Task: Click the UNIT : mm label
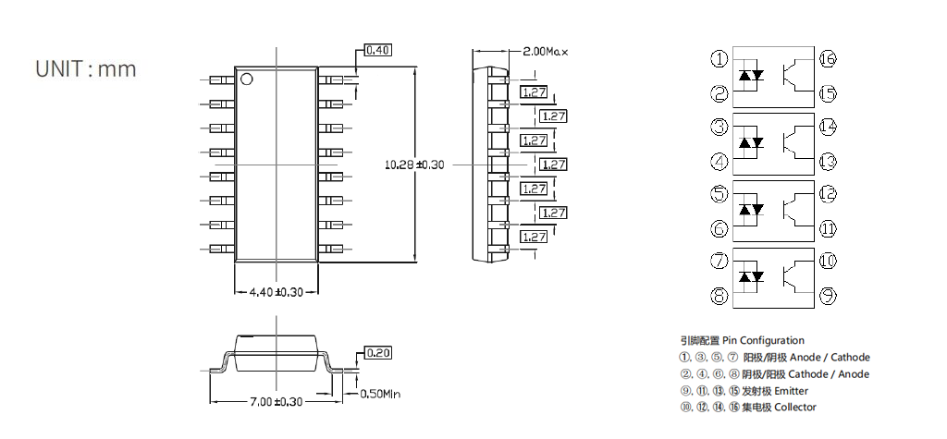click(x=85, y=69)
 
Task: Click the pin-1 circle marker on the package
click(x=247, y=79)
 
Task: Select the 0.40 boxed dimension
click(x=378, y=50)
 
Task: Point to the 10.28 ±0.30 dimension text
click(x=413, y=165)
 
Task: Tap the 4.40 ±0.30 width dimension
click(x=277, y=292)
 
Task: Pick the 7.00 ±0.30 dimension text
click(x=277, y=401)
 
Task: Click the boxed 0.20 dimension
click(x=378, y=353)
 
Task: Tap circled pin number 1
click(x=719, y=59)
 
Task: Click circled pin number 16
click(x=828, y=59)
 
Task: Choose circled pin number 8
click(x=719, y=297)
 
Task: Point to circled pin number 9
click(x=828, y=297)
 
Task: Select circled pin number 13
click(x=828, y=161)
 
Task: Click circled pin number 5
click(x=719, y=194)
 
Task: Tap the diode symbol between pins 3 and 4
click(x=750, y=143)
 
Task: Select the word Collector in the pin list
click(x=795, y=408)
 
